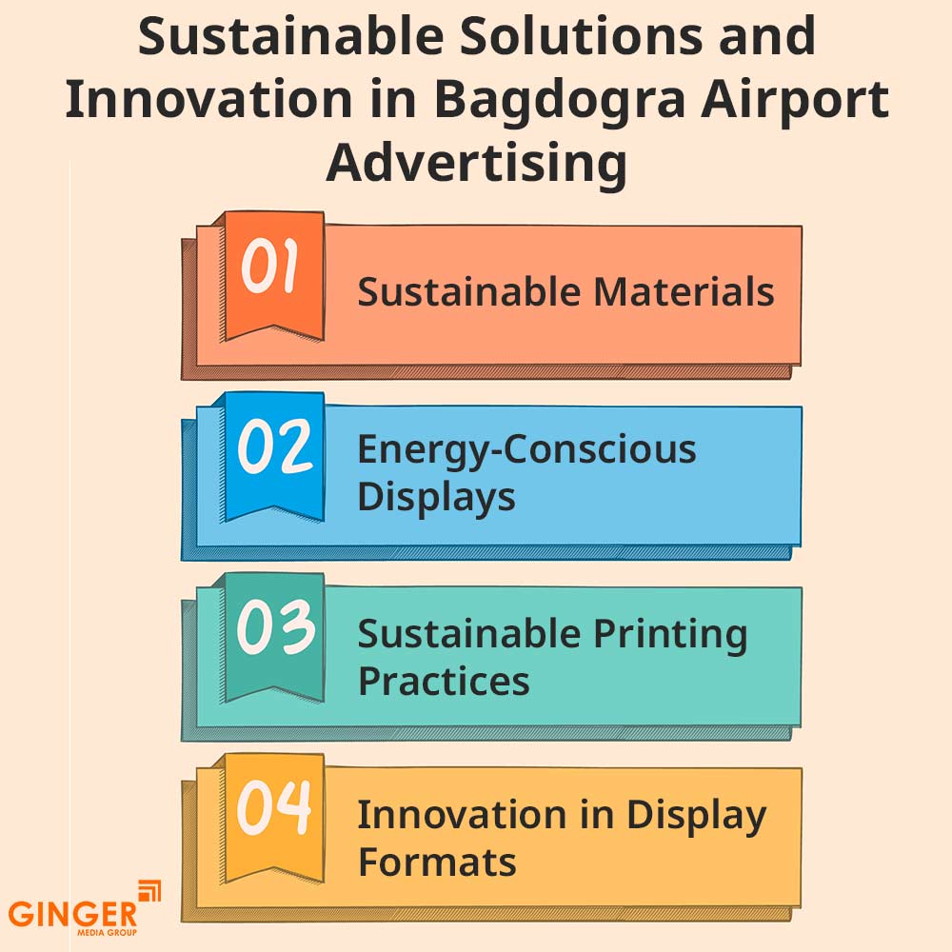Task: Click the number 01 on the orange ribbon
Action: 270,268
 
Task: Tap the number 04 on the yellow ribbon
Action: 274,808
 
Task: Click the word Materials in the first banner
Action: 684,291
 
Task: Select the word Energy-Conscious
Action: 526,449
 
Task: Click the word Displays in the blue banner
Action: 436,497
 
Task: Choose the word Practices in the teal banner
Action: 443,681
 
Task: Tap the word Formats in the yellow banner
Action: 436,863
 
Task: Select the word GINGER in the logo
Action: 73,913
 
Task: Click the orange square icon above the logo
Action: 149,890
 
